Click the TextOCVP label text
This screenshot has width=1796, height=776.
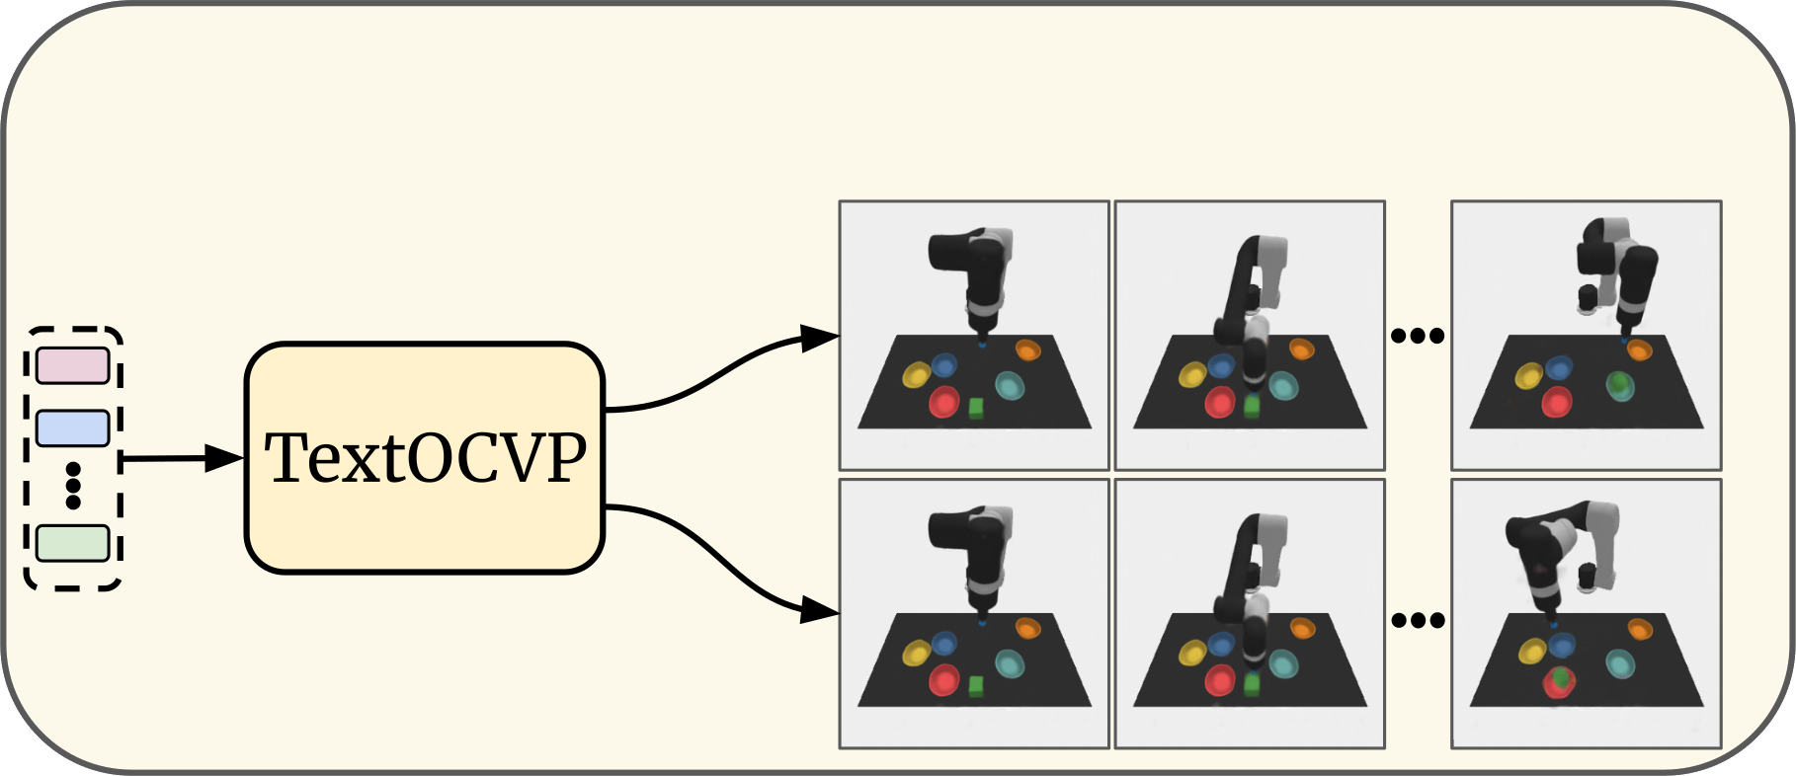426,458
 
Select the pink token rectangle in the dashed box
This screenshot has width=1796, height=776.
72,365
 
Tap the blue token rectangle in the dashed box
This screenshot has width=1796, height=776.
72,428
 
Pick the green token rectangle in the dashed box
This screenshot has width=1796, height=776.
72,544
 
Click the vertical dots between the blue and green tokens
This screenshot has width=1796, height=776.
72,486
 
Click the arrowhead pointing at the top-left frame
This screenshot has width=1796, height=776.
819,339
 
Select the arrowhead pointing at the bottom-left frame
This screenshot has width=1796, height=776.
819,610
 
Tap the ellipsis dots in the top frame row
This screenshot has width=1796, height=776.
1418,336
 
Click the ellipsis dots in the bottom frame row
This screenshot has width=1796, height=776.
1418,620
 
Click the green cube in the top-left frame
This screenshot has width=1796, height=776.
977,409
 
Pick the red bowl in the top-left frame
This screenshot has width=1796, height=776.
944,402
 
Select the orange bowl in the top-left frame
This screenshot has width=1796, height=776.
1027,349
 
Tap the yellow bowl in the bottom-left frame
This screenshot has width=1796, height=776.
917,653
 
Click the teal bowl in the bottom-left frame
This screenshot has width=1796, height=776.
1010,663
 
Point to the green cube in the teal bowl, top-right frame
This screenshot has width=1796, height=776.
1618,383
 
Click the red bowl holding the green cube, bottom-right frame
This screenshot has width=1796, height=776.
1559,681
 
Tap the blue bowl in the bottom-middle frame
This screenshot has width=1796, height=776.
1222,645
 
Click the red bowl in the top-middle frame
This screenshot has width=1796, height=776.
1220,402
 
